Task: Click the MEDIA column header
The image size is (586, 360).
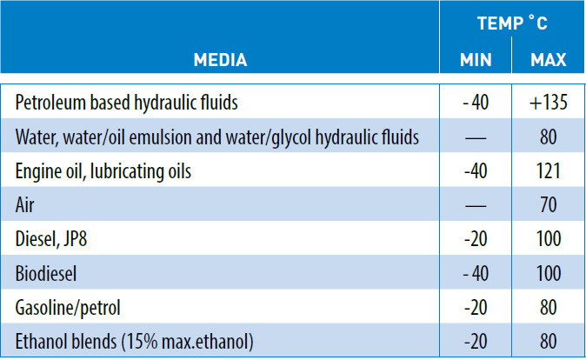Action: click(x=220, y=60)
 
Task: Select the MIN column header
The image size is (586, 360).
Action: click(x=476, y=60)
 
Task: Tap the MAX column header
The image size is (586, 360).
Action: click(x=549, y=60)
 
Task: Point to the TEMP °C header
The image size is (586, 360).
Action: click(x=512, y=23)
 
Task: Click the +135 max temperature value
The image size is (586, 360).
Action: click(x=549, y=103)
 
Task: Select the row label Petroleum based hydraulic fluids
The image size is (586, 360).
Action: click(x=126, y=103)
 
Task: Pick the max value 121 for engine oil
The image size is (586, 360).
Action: click(x=549, y=171)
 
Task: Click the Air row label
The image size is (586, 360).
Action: click(x=24, y=205)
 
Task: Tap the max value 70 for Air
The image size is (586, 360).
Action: click(x=549, y=205)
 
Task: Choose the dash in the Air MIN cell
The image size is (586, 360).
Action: click(x=476, y=206)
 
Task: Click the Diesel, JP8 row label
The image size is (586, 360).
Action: click(x=50, y=239)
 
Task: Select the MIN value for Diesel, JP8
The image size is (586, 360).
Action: click(x=476, y=239)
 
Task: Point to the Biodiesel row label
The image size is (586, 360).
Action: click(x=46, y=273)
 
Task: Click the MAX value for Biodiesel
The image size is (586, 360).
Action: click(x=549, y=273)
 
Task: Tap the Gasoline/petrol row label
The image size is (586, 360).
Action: click(x=68, y=308)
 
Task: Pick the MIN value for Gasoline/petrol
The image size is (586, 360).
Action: click(x=476, y=308)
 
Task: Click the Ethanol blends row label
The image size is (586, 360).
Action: click(x=134, y=342)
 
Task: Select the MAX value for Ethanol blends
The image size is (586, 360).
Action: click(x=549, y=342)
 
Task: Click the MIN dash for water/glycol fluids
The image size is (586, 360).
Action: click(x=476, y=138)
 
